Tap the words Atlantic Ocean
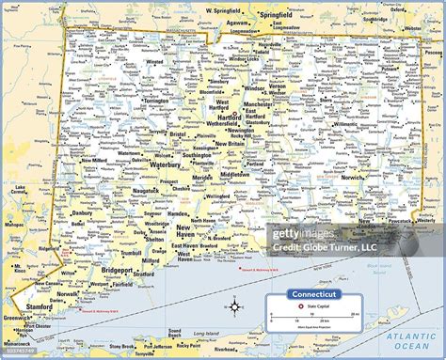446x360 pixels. [x=413, y=340]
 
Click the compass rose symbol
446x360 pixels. [x=235, y=305]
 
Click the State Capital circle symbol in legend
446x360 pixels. [x=300, y=305]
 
